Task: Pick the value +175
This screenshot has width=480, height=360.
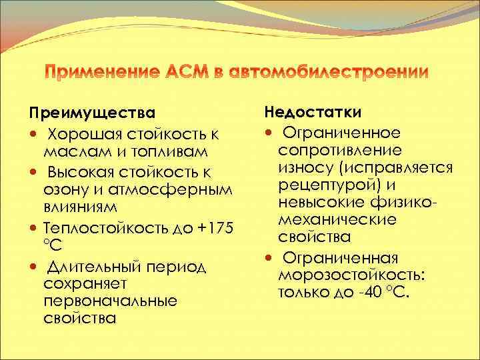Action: [216, 229]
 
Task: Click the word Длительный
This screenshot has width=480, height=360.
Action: [95, 267]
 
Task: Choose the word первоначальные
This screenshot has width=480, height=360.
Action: [110, 301]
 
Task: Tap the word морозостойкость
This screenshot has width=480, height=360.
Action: [353, 275]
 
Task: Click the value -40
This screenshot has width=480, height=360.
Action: [366, 292]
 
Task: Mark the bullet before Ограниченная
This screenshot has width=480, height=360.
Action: [273, 257]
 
